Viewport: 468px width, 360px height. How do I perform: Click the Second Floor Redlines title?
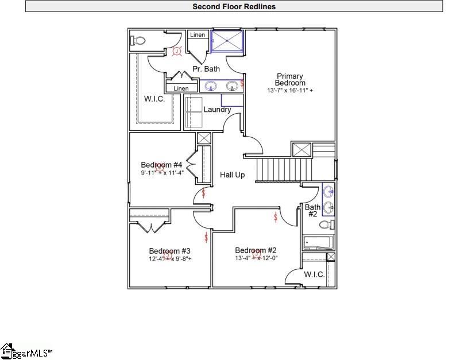234,7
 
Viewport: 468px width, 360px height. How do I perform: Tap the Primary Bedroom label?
290,80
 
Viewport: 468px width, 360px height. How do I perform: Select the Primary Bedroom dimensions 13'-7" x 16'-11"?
290,91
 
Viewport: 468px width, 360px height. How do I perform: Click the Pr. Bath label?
206,69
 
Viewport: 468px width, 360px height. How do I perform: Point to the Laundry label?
217,110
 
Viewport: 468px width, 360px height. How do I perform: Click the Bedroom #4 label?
161,165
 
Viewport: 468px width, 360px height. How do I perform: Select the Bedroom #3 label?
169,251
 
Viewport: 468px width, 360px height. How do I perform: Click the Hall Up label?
233,175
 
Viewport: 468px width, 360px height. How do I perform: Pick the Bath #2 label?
312,210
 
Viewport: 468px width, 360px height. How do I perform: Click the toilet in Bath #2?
327,224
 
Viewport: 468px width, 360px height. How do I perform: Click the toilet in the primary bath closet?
139,41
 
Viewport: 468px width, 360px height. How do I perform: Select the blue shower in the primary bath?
227,41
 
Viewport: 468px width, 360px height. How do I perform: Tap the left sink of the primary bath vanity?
211,87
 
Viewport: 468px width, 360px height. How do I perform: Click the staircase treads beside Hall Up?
278,169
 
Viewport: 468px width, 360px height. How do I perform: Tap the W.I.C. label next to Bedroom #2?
314,274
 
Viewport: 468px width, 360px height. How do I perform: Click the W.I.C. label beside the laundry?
154,99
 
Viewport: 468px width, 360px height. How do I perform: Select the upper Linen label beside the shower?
198,35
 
